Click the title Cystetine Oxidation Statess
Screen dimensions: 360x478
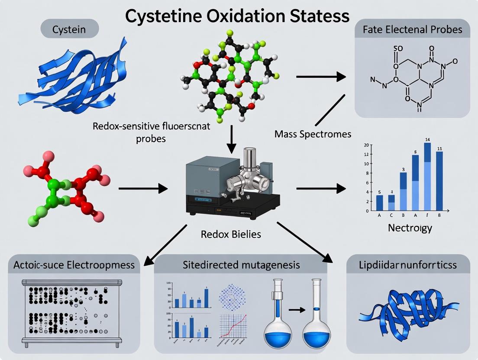tap(237, 16)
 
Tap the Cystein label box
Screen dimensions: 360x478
tap(69, 30)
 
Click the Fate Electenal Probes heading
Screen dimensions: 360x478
tap(412, 30)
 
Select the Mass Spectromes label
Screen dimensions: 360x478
tap(313, 134)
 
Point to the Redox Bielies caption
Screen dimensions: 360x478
tap(231, 234)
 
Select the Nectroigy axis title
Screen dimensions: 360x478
tap(410, 228)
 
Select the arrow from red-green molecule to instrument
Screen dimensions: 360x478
tap(143, 188)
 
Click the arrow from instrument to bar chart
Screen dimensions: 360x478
tap(320, 188)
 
